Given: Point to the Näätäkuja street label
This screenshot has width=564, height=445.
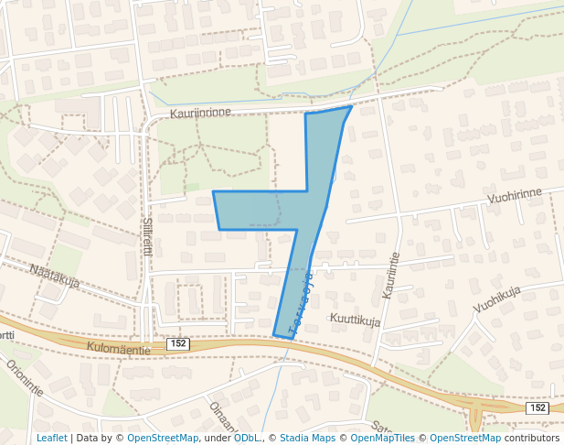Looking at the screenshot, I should (54, 275).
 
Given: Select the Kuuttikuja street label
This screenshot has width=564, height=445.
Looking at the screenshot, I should (356, 320).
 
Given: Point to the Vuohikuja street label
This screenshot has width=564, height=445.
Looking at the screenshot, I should (496, 298).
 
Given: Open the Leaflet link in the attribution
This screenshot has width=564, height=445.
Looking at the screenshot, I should (51, 438).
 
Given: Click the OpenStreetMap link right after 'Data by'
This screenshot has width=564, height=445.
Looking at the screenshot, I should (163, 438).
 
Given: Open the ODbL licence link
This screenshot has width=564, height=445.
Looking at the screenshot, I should (247, 438).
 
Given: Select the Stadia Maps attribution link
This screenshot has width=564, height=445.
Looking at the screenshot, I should (307, 438).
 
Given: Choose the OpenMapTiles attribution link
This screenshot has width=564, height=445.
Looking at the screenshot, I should (383, 438).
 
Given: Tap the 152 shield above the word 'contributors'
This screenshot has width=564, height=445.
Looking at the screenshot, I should (537, 407).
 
